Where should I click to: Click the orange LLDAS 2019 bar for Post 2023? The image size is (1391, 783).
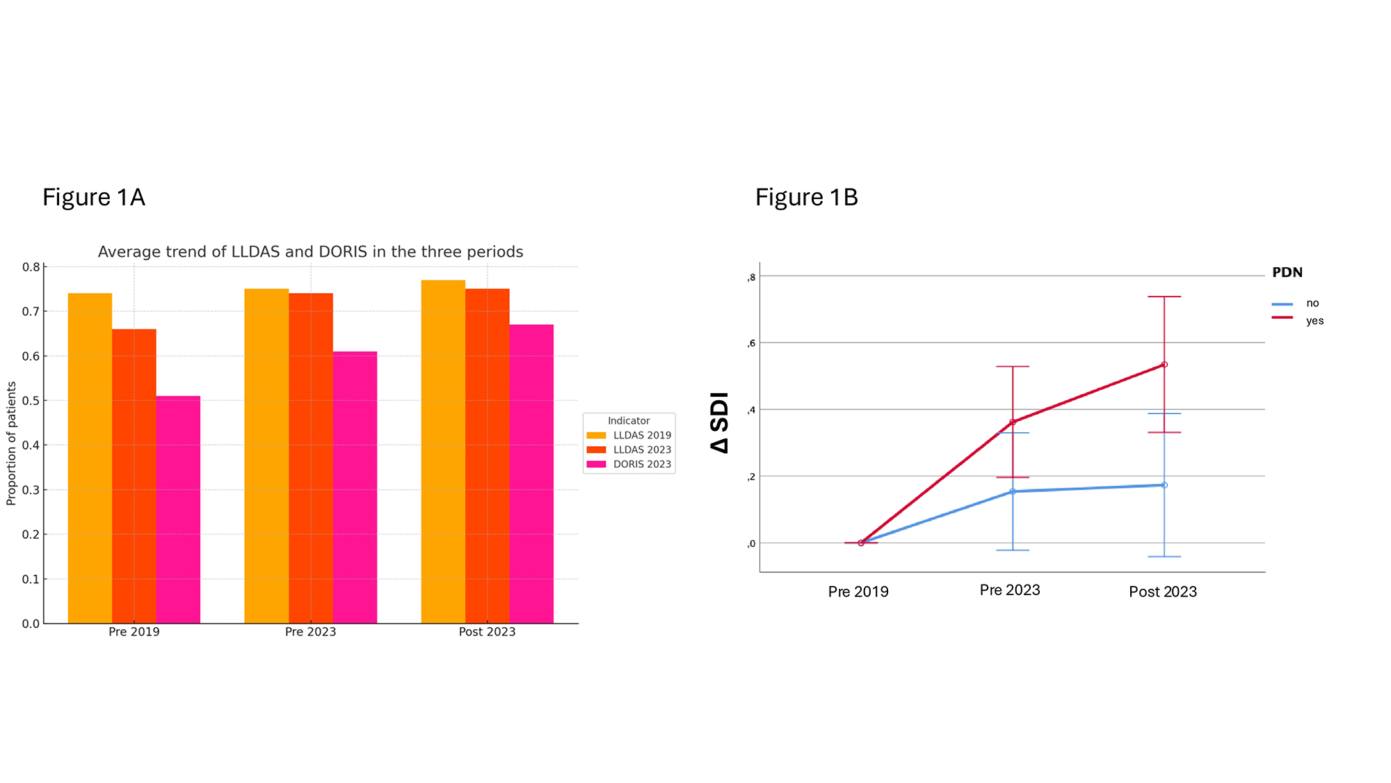tap(443, 452)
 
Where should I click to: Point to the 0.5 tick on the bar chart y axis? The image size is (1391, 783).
tap(31, 401)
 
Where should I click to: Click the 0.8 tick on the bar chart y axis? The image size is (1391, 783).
tap(31, 267)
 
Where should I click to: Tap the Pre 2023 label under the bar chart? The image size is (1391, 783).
tap(310, 632)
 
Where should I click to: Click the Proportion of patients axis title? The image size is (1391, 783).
tap(11, 443)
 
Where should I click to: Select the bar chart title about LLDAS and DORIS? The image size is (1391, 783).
tap(310, 252)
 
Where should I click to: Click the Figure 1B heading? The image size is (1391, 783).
tap(806, 198)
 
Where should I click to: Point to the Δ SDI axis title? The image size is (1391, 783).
tap(719, 422)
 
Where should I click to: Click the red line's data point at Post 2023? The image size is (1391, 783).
tap(1164, 365)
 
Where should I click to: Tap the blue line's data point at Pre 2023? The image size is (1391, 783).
tap(1013, 491)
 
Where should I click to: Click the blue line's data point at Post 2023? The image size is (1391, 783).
tap(1164, 485)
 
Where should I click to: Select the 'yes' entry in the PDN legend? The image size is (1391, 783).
tap(1314, 321)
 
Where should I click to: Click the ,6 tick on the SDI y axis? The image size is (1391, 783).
tap(751, 343)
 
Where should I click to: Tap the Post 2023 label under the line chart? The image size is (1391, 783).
tap(1162, 592)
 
